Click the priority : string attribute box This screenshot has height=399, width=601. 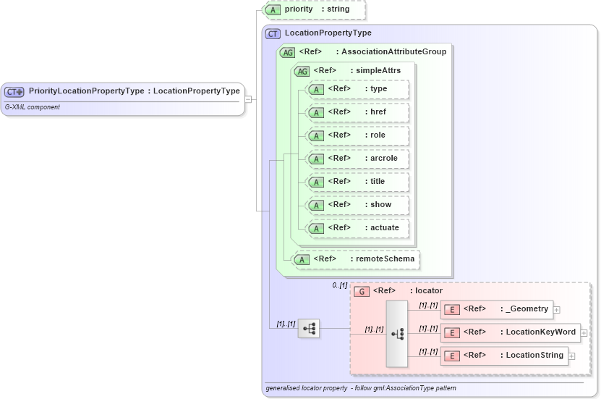pos(315,9)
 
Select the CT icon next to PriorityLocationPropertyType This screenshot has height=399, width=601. pos(14,92)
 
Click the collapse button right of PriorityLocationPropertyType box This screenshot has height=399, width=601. pos(248,99)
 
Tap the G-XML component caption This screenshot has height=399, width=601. pos(33,107)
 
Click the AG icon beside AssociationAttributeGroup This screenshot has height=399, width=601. pos(287,52)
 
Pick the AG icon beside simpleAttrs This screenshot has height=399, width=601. pos(302,71)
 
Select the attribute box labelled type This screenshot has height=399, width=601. pos(357,89)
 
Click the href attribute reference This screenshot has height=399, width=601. pos(357,112)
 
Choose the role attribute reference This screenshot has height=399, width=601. pos(357,135)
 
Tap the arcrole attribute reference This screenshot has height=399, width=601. pos(357,159)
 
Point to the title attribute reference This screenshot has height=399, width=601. pos(357,182)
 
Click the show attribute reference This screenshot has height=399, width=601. pos(357,205)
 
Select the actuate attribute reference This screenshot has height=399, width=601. pos(357,228)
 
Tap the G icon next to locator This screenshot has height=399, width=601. pos(362,291)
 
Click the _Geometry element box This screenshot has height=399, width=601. pos(497,309)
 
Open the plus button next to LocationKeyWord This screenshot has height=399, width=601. pos(584,332)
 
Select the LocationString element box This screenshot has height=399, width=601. pos(504,356)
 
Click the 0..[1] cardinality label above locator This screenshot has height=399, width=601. pos(340,285)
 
